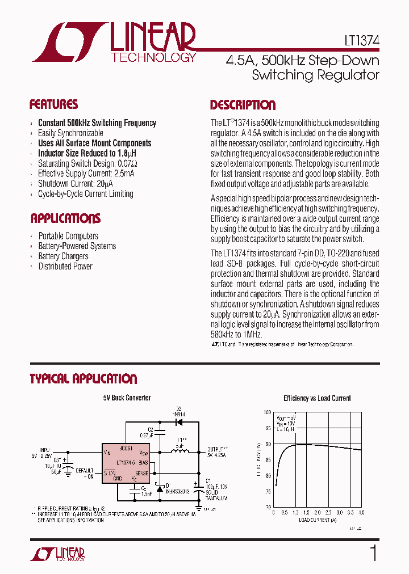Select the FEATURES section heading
pos(53,104)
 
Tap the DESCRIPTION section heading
pos(243,105)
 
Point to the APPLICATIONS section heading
pos(65,218)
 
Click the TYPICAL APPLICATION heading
pos(83,379)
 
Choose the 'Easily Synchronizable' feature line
pos(70,133)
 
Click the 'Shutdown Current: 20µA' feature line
pos(75,184)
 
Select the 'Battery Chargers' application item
pos(63,256)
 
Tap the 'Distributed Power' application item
pos(65,267)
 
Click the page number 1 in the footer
pos(373,554)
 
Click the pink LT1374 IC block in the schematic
pos(125,463)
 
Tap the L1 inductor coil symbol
pos(182,451)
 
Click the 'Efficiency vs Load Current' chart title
pos(317,399)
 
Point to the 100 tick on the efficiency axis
pos(268,412)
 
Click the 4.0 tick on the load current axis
pos(361,512)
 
